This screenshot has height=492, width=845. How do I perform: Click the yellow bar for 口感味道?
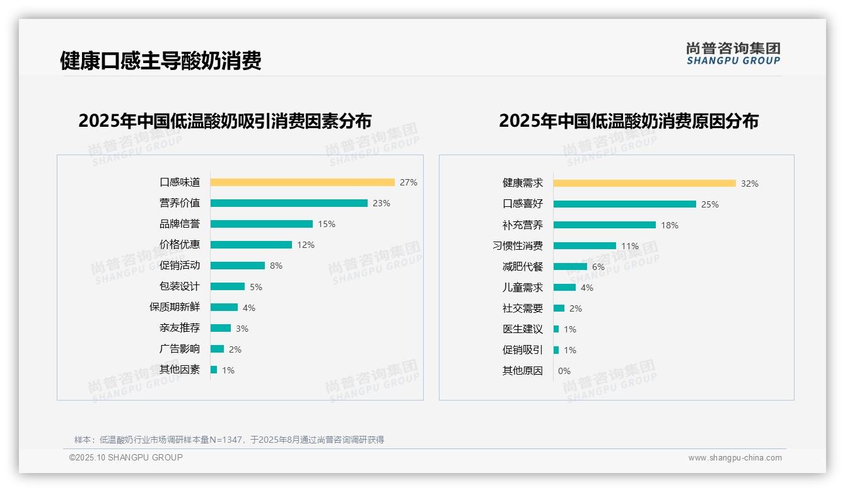click(302, 182)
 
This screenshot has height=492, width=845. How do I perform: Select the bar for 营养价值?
click(289, 203)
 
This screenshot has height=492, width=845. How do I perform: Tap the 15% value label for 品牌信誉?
click(327, 224)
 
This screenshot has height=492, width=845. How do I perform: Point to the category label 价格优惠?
click(180, 245)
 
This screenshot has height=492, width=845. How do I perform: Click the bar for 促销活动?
click(238, 266)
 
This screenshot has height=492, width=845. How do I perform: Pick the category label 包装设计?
click(180, 286)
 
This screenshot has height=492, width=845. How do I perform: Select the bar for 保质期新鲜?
click(224, 307)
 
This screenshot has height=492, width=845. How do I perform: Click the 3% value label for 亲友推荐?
click(242, 329)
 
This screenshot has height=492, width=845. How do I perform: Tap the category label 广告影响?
click(180, 349)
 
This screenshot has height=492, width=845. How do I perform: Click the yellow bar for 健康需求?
click(644, 184)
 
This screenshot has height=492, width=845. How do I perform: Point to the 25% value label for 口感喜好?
click(710, 204)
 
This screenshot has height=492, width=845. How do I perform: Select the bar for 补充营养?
click(605, 225)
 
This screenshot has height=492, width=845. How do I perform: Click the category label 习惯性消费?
click(518, 246)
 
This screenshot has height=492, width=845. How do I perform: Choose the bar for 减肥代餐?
click(570, 267)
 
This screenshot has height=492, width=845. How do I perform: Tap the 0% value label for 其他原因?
click(564, 371)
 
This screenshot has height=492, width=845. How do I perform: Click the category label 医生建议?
click(523, 329)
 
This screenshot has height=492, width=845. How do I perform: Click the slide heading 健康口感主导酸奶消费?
click(161, 61)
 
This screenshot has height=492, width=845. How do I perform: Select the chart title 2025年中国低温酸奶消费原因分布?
click(629, 121)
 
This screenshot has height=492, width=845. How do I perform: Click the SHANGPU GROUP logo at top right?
click(733, 53)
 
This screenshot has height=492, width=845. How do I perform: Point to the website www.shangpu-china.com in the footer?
click(735, 458)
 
